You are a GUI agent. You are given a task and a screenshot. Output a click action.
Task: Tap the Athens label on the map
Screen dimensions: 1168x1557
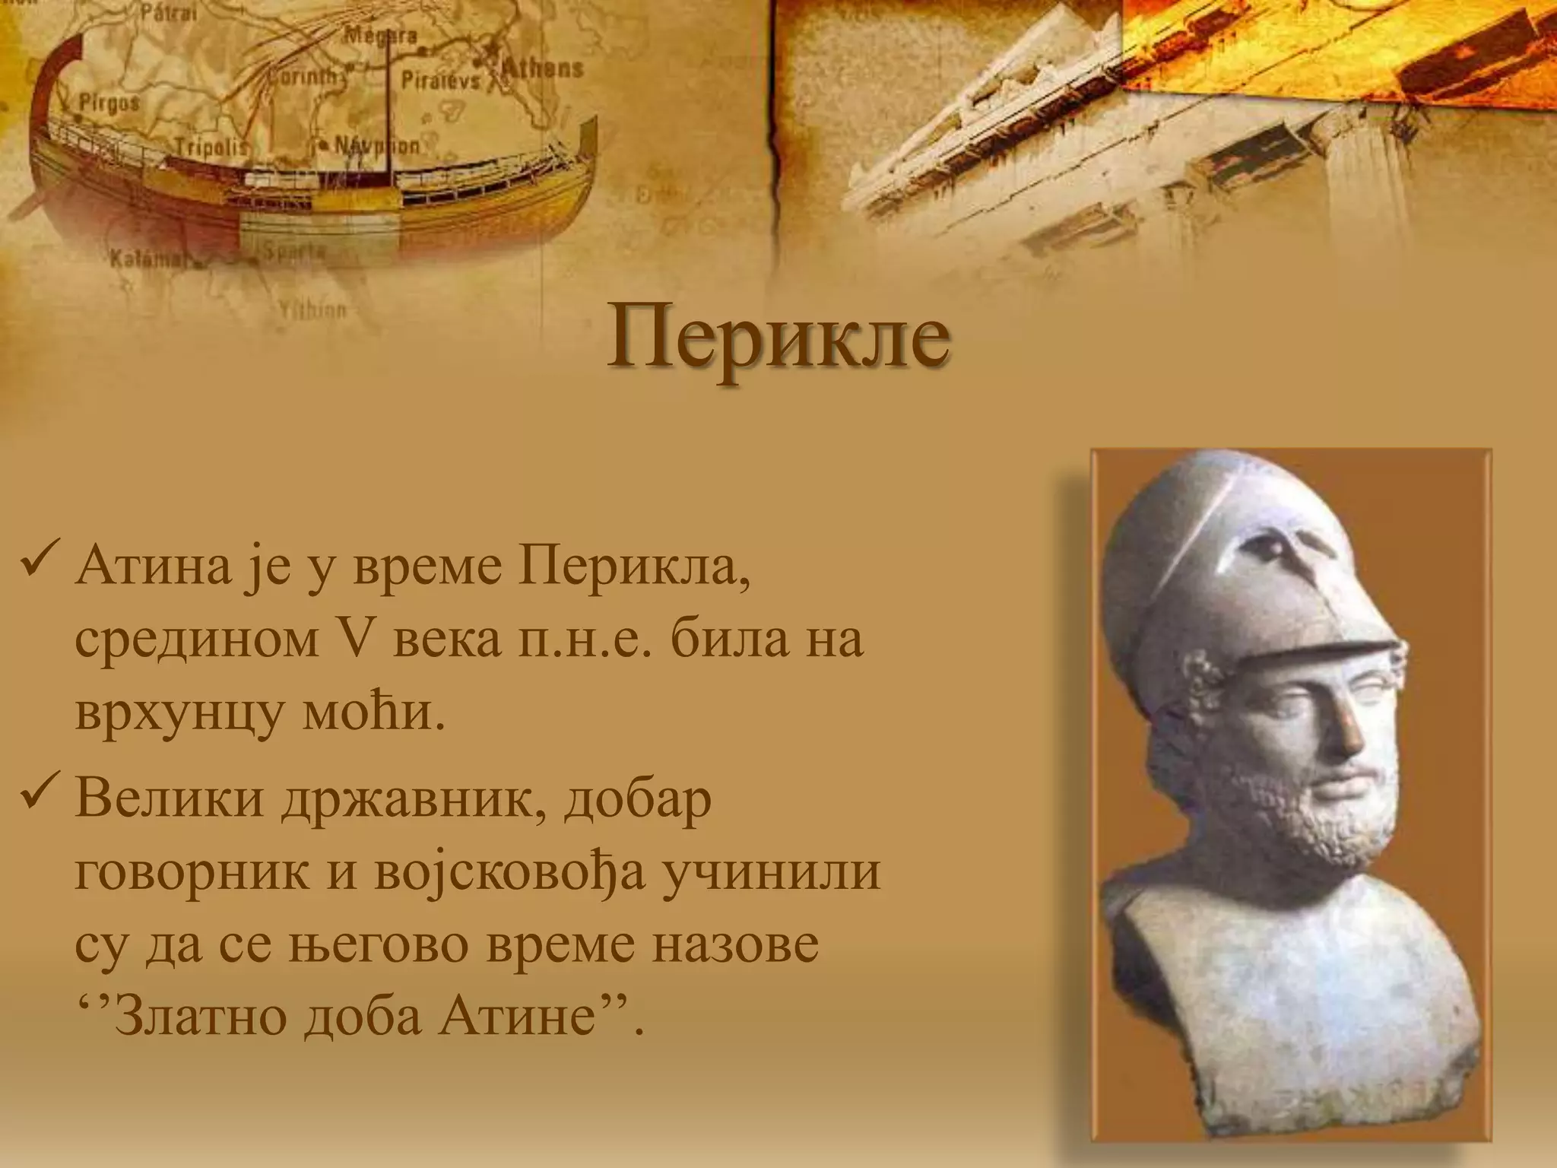tap(542, 70)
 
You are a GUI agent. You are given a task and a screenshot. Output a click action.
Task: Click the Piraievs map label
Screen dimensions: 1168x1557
tap(441, 81)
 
